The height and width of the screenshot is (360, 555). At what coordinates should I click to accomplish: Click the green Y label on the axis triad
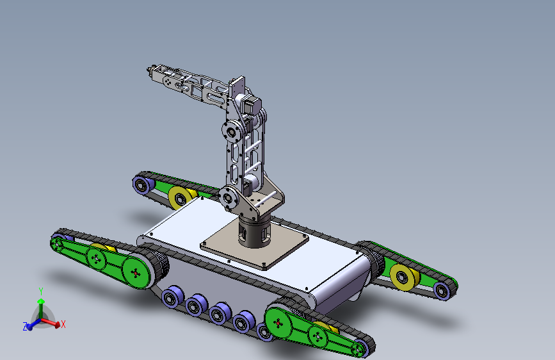(x=41, y=291)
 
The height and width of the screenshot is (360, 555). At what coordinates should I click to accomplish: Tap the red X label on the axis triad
(x=63, y=324)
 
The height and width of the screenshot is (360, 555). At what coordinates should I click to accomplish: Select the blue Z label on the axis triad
(x=25, y=326)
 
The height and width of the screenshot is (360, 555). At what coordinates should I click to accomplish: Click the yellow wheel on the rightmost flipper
(x=404, y=277)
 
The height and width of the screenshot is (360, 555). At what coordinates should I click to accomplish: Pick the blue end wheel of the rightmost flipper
(x=442, y=291)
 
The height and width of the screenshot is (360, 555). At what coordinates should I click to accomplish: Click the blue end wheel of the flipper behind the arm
(x=141, y=184)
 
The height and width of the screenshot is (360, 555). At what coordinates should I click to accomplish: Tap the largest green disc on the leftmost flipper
(x=136, y=273)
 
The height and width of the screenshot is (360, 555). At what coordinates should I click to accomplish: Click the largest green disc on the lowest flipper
(x=278, y=323)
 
